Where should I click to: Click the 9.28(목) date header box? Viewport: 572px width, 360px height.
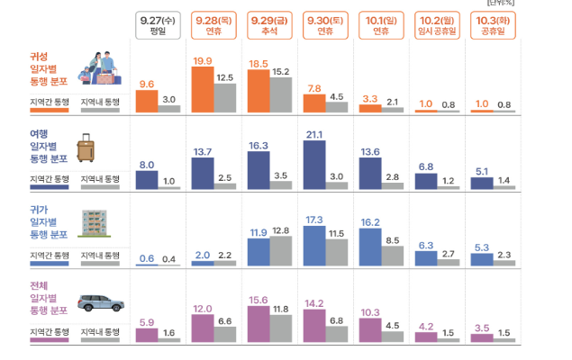coord(214,25)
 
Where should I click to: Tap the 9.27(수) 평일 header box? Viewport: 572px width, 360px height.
coord(159,25)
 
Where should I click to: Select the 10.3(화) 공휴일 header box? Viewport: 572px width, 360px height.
coord(493,25)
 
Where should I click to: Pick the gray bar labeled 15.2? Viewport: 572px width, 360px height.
coord(280,95)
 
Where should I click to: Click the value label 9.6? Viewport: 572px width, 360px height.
coord(147,84)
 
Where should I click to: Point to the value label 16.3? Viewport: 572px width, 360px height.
coord(259,145)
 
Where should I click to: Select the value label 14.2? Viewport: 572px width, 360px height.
coord(314,303)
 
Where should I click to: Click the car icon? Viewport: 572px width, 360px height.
coord(99,302)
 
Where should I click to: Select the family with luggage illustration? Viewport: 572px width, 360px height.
coord(102,67)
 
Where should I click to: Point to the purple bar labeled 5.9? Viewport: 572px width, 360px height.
coord(147,335)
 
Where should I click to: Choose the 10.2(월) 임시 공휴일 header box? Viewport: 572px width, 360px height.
coord(437,25)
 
